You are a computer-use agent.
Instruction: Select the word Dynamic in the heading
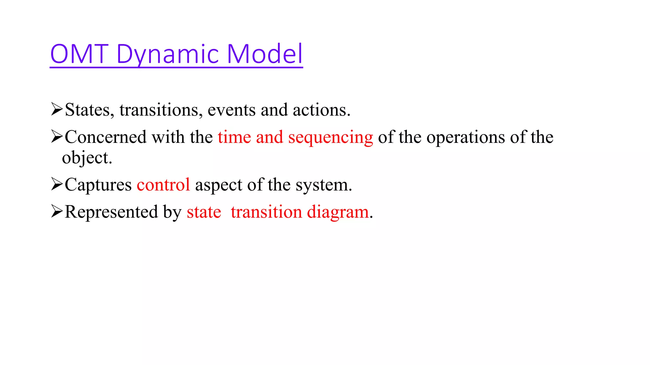pyautogui.click(x=168, y=54)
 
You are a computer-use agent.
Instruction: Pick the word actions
pyautogui.click(x=321, y=110)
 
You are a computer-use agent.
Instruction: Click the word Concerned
pyautogui.click(x=106, y=137)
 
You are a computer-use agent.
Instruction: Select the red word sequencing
pyautogui.click(x=330, y=138)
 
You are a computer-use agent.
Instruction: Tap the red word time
pyautogui.click(x=234, y=137)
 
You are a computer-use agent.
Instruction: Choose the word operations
pyautogui.click(x=465, y=138)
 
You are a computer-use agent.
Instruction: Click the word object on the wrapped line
pyautogui.click(x=87, y=158)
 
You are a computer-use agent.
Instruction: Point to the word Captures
pyautogui.click(x=98, y=185)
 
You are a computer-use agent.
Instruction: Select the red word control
pyautogui.click(x=163, y=184)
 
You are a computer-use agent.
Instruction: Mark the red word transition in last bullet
pyautogui.click(x=266, y=212)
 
